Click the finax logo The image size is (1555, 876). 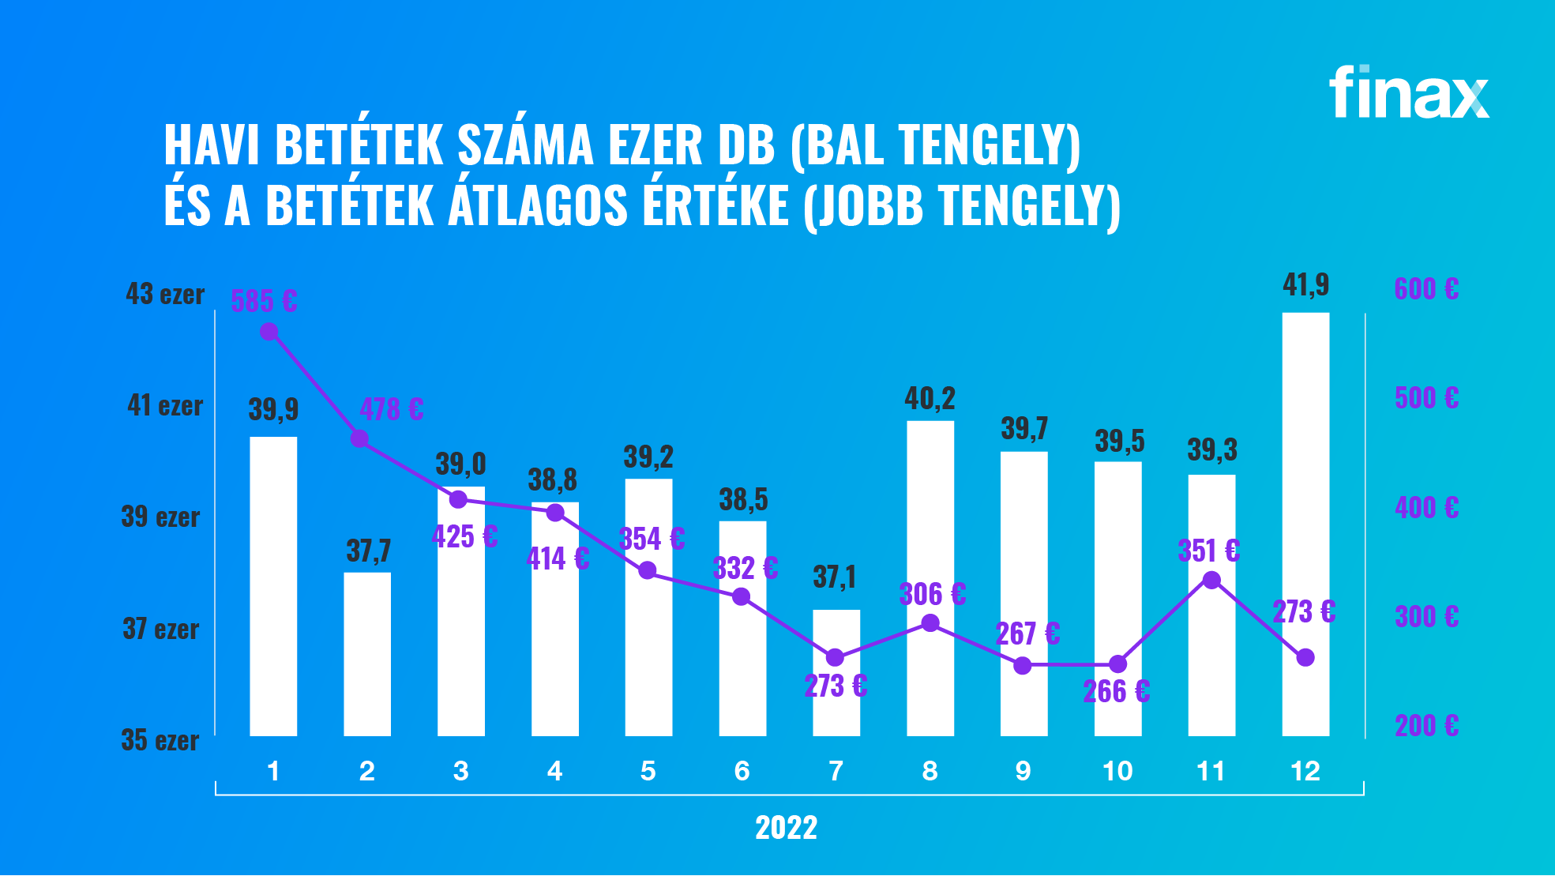[x=1409, y=92]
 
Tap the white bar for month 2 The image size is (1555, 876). [x=367, y=654]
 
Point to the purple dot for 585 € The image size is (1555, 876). [x=269, y=332]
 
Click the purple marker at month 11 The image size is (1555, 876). [x=1211, y=581]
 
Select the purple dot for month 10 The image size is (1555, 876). [x=1117, y=664]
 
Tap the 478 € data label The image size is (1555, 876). [x=392, y=409]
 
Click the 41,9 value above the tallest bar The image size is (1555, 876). [x=1305, y=284]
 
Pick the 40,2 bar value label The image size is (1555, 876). [x=930, y=399]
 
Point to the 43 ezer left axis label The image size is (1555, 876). [x=165, y=295]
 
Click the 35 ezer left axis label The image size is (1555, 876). [x=160, y=740]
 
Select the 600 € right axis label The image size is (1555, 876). [x=1426, y=289]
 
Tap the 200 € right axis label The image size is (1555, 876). [x=1426, y=725]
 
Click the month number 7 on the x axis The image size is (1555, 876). [x=836, y=771]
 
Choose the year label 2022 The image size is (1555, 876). [x=786, y=828]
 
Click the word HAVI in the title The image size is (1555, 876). [x=212, y=145]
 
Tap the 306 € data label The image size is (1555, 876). [x=932, y=594]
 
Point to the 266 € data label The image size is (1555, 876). [x=1116, y=692]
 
